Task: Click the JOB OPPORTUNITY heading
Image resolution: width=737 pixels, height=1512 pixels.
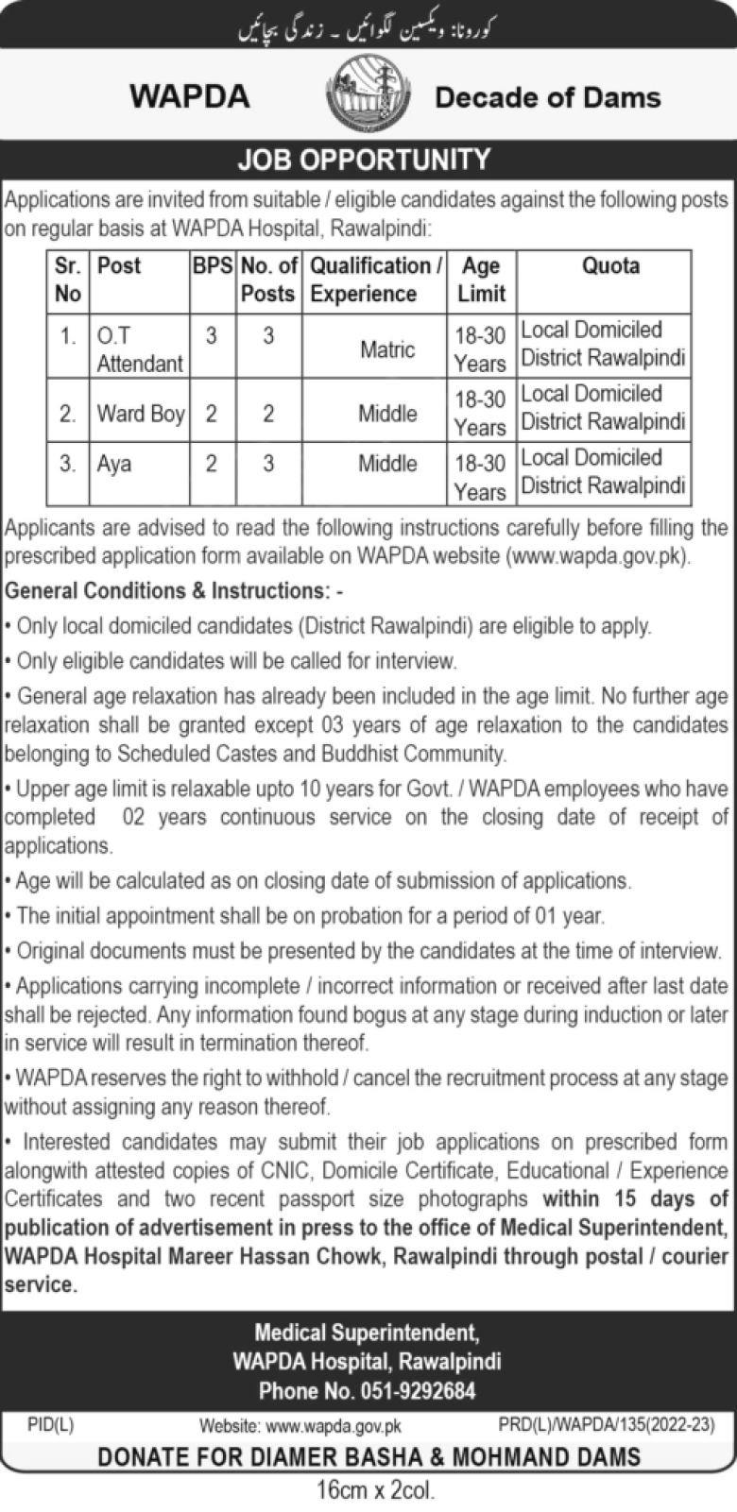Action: point(364,160)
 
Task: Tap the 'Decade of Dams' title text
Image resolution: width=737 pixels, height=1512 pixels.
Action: point(547,97)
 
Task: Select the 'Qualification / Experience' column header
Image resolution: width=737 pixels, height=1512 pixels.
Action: point(375,280)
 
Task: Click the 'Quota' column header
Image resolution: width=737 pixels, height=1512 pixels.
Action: point(609,266)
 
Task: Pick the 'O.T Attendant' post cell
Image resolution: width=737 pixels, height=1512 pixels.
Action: point(139,348)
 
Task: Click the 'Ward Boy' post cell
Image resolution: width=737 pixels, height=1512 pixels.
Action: point(141,414)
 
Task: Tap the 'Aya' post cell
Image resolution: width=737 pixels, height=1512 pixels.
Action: point(114,464)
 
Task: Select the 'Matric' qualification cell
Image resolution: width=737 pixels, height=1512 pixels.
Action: point(387,349)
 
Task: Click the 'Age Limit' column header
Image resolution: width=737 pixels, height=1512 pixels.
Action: point(481,280)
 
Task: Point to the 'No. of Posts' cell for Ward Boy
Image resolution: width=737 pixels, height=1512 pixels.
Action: point(268,414)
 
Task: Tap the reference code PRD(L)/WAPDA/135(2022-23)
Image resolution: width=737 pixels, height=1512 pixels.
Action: point(606,1424)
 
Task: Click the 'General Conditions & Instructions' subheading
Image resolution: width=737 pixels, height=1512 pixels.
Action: point(174,591)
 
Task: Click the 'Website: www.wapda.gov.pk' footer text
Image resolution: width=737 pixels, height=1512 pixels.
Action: point(300,1426)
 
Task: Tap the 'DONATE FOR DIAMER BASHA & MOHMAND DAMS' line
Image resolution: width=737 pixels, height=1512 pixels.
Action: point(368,1457)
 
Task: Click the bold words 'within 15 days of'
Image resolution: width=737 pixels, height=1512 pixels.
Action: point(635,1199)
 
